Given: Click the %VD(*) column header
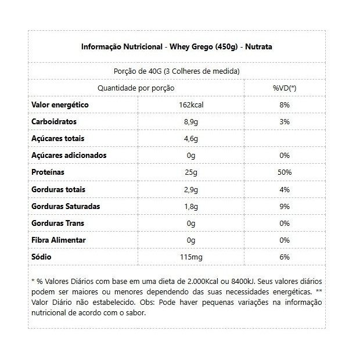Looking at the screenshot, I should pyautogui.click(x=284, y=88).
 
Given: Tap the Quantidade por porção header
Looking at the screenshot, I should pyautogui.click(x=136, y=88).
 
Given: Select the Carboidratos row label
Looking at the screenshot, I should pyautogui.click(x=54, y=122).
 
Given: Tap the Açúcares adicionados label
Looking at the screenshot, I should pyautogui.click(x=69, y=156).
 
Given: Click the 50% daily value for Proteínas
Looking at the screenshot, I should pyautogui.click(x=284, y=172).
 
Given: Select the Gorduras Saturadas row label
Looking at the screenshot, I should pyautogui.click(x=66, y=206).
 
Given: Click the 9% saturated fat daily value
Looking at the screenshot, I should pyautogui.click(x=284, y=206).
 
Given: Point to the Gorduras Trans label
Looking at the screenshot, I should pyautogui.click(x=57, y=223).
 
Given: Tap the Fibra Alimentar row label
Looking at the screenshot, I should pyautogui.click(x=59, y=240).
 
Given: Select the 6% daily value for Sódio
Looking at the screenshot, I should pyautogui.click(x=284, y=257).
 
